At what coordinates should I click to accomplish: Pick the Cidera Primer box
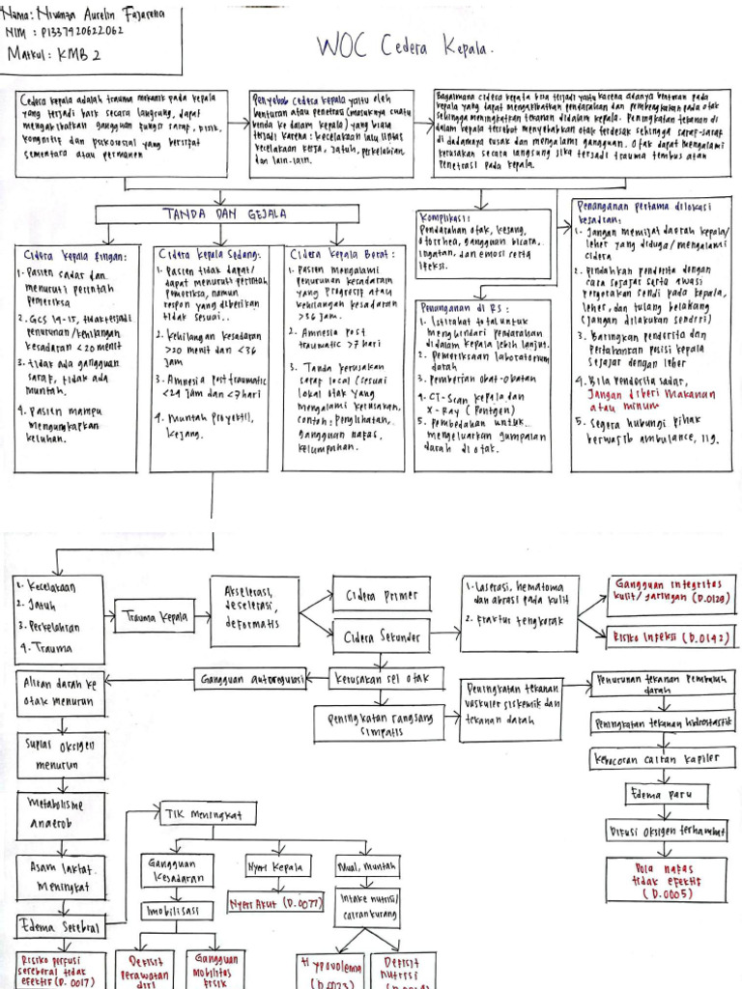[375, 595]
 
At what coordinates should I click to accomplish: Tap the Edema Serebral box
[60, 927]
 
